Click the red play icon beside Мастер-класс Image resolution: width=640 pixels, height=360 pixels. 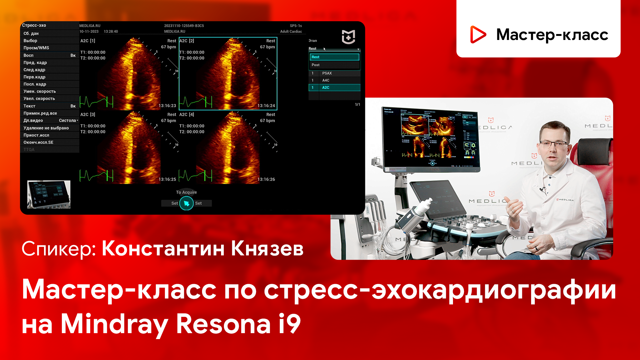[478, 34]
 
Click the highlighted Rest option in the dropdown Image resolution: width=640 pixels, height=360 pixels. [334, 57]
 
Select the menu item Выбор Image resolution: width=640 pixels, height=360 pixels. [31, 41]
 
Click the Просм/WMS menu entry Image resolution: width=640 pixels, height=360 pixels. [36, 48]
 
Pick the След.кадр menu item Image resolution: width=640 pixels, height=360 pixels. [34, 70]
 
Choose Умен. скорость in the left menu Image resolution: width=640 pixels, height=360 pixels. [40, 91]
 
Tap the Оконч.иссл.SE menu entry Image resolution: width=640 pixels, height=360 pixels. [38, 142]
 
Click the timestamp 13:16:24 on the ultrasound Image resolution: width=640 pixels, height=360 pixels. [266, 106]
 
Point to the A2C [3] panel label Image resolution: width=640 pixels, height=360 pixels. [88, 115]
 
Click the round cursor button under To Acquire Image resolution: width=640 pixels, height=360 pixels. [186, 204]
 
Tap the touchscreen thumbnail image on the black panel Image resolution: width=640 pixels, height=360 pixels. [49, 194]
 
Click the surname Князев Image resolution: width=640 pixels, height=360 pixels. [267, 249]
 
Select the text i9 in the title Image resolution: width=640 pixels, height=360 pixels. [290, 323]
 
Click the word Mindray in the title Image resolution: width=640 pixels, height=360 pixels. [114, 324]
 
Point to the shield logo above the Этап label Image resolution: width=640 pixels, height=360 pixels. [348, 37]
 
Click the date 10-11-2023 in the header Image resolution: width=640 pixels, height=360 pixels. [89, 32]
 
